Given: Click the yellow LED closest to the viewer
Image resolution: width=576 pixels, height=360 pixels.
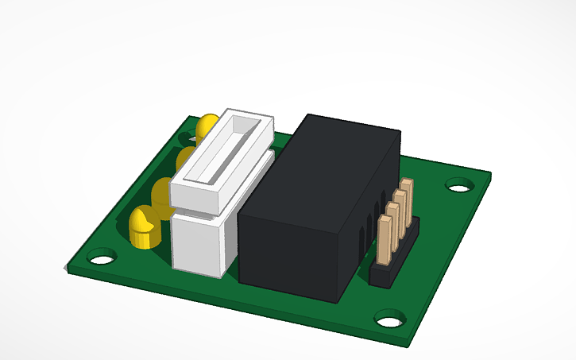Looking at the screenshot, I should point(142,226).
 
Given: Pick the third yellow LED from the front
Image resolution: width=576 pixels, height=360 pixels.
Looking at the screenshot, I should point(187,157).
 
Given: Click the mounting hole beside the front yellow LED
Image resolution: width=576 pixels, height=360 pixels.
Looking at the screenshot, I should point(100,258).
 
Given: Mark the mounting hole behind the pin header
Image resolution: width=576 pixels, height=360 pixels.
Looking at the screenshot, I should point(458,188).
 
